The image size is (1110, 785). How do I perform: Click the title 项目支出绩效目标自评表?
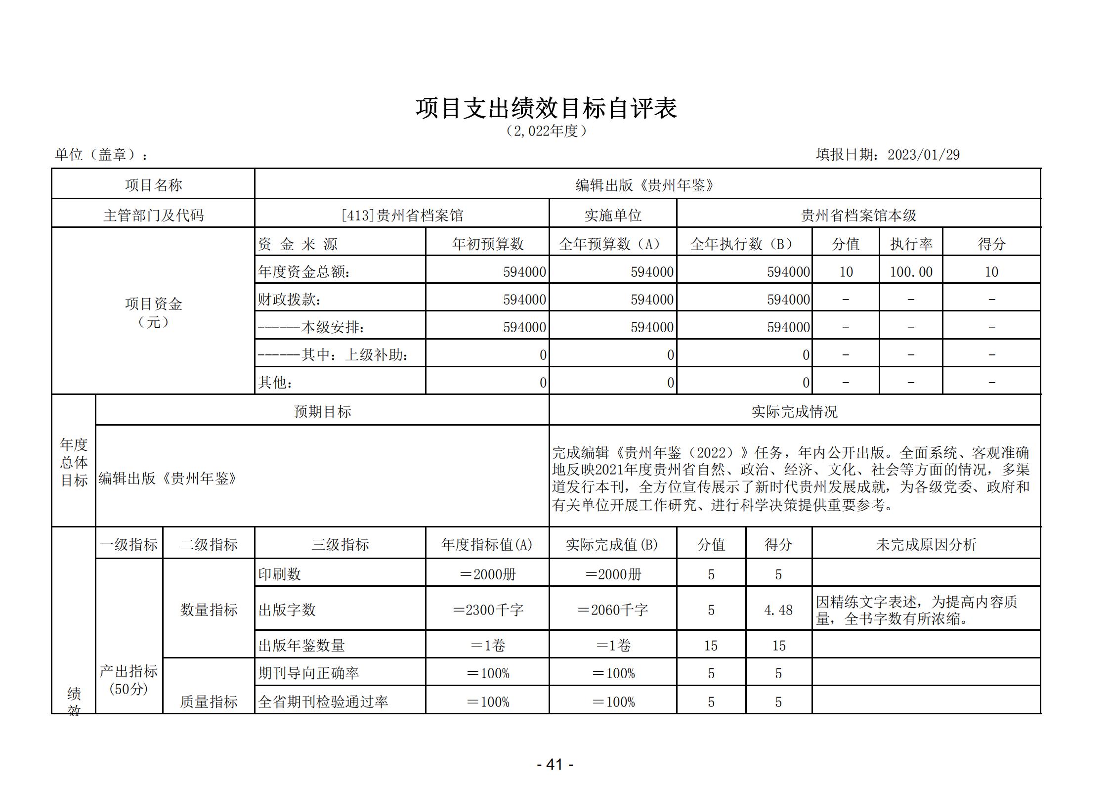point(546,109)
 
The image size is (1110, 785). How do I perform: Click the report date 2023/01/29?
point(923,155)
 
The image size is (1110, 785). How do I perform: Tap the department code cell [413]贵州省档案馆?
point(402,216)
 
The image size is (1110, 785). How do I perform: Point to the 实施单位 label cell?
point(613,216)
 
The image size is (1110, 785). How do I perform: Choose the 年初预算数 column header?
point(487,244)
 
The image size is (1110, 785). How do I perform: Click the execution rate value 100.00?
point(911,272)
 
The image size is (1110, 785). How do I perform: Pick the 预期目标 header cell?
point(322,412)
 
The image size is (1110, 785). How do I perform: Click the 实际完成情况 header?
point(794,412)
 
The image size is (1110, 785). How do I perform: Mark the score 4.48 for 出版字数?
point(778,611)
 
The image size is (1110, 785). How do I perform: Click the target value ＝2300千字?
point(487,611)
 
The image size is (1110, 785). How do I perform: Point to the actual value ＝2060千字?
point(612,611)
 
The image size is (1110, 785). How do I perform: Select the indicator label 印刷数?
point(279,574)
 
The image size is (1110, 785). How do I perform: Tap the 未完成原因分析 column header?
point(926,545)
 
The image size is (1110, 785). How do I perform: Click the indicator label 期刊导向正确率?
point(308,673)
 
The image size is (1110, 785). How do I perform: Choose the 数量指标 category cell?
point(209,610)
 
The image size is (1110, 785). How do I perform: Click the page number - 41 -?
point(555,765)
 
